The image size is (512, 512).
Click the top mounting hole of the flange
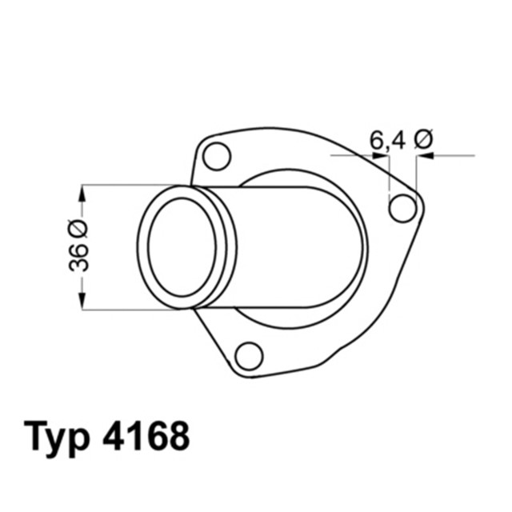[x=217, y=155]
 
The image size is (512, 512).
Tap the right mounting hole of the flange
[x=402, y=208]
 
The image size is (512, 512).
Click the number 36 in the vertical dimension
[x=80, y=258]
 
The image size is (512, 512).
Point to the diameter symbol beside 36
[x=80, y=230]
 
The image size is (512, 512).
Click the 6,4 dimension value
[x=387, y=141]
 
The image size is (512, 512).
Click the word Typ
[x=61, y=437]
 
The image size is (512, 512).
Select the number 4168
[x=146, y=436]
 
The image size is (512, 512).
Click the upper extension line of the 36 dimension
[x=128, y=186]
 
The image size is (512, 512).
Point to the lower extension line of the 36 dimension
[x=128, y=310]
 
